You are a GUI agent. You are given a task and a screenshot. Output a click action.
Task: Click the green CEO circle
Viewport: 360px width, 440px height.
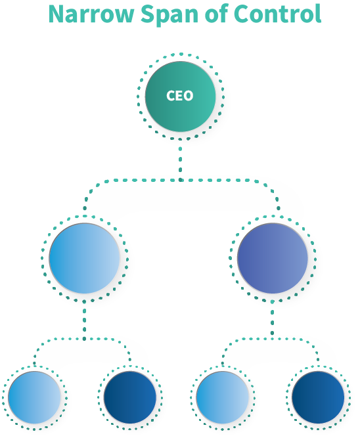pyautogui.click(x=180, y=96)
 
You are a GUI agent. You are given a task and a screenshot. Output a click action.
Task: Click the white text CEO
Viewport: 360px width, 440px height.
pyautogui.click(x=180, y=96)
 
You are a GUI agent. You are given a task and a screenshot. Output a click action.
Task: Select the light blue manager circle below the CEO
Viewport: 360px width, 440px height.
pyautogui.click(x=85, y=258)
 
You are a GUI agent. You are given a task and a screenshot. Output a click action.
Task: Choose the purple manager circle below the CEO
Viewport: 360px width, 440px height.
pyautogui.click(x=272, y=258)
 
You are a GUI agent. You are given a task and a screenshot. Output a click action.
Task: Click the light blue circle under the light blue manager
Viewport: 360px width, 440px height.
pyautogui.click(x=35, y=398)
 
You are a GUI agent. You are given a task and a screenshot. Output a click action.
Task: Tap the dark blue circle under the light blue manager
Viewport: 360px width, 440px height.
pyautogui.click(x=129, y=398)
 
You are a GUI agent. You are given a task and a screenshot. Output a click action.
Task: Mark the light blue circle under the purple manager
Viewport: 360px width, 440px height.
pyautogui.click(x=223, y=398)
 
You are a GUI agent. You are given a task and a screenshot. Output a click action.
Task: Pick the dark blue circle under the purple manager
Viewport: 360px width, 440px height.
pyautogui.click(x=318, y=398)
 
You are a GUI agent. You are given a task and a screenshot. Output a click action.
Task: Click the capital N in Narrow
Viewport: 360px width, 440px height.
pyautogui.click(x=59, y=14)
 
